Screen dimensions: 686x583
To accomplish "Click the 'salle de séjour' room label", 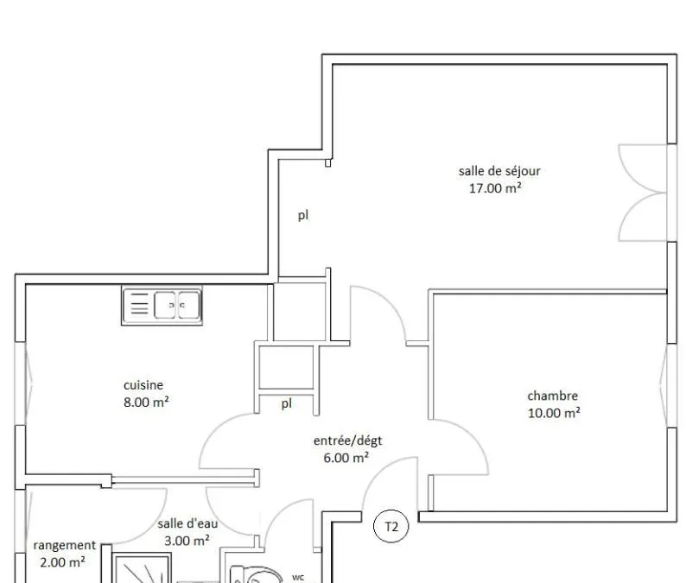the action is pyautogui.click(x=499, y=171).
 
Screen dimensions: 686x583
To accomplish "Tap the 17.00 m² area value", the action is pyautogui.click(x=495, y=188).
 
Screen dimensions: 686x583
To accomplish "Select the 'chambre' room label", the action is pyautogui.click(x=553, y=396).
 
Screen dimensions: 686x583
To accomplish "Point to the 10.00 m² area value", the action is pyautogui.click(x=554, y=413).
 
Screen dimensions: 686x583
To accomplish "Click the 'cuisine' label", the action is pyautogui.click(x=143, y=385).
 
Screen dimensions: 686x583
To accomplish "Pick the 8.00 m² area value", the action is pyautogui.click(x=146, y=402).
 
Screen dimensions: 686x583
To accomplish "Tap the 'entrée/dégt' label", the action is pyautogui.click(x=348, y=440).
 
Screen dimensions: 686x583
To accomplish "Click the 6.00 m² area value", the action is pyautogui.click(x=346, y=458).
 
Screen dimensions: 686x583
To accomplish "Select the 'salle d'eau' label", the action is pyautogui.click(x=187, y=523).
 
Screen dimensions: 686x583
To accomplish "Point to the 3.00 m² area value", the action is pyautogui.click(x=187, y=541).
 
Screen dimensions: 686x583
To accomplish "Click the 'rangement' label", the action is pyautogui.click(x=64, y=545).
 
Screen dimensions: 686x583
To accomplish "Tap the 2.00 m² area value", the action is pyautogui.click(x=62, y=562).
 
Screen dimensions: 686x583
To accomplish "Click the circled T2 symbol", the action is pyautogui.click(x=391, y=527).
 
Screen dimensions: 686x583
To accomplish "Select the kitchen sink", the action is pyautogui.click(x=162, y=306).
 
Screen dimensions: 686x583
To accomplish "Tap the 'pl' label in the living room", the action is pyautogui.click(x=303, y=215).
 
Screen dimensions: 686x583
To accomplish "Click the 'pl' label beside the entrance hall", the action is pyautogui.click(x=287, y=403).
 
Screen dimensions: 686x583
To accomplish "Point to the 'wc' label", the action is pyautogui.click(x=298, y=577).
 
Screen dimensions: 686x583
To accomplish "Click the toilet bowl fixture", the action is pyautogui.click(x=254, y=574).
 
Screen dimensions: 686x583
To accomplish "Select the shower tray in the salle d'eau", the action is pyautogui.click(x=142, y=568).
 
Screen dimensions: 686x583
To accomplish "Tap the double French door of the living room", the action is pyautogui.click(x=643, y=193).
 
